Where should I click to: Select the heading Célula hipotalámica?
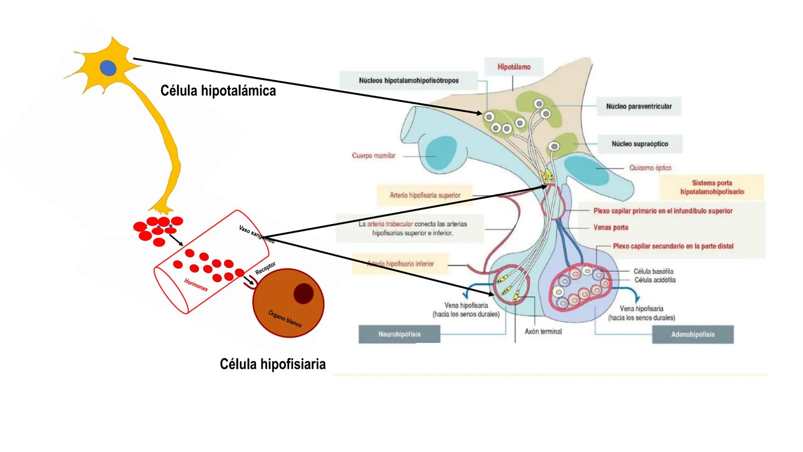click(x=218, y=91)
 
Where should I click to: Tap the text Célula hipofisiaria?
click(x=273, y=364)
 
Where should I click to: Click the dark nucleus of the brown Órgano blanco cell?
click(x=303, y=293)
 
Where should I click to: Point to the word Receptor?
click(x=266, y=268)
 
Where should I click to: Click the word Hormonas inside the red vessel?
click(x=196, y=285)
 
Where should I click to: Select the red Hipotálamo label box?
click(x=514, y=67)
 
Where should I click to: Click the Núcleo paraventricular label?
click(x=639, y=106)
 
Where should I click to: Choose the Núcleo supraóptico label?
click(x=639, y=144)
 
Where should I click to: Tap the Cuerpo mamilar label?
click(x=373, y=156)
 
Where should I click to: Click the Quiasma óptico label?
click(x=650, y=168)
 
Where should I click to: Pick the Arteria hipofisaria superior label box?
click(x=425, y=195)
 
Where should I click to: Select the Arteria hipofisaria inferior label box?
click(x=400, y=264)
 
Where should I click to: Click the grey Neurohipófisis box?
click(x=399, y=334)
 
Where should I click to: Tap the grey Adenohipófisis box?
click(x=693, y=334)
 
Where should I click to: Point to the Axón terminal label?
click(x=543, y=331)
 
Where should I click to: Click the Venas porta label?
click(x=611, y=228)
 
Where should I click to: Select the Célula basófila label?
click(x=653, y=272)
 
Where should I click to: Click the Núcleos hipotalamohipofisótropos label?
click(x=409, y=80)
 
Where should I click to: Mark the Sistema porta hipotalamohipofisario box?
click(x=712, y=187)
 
